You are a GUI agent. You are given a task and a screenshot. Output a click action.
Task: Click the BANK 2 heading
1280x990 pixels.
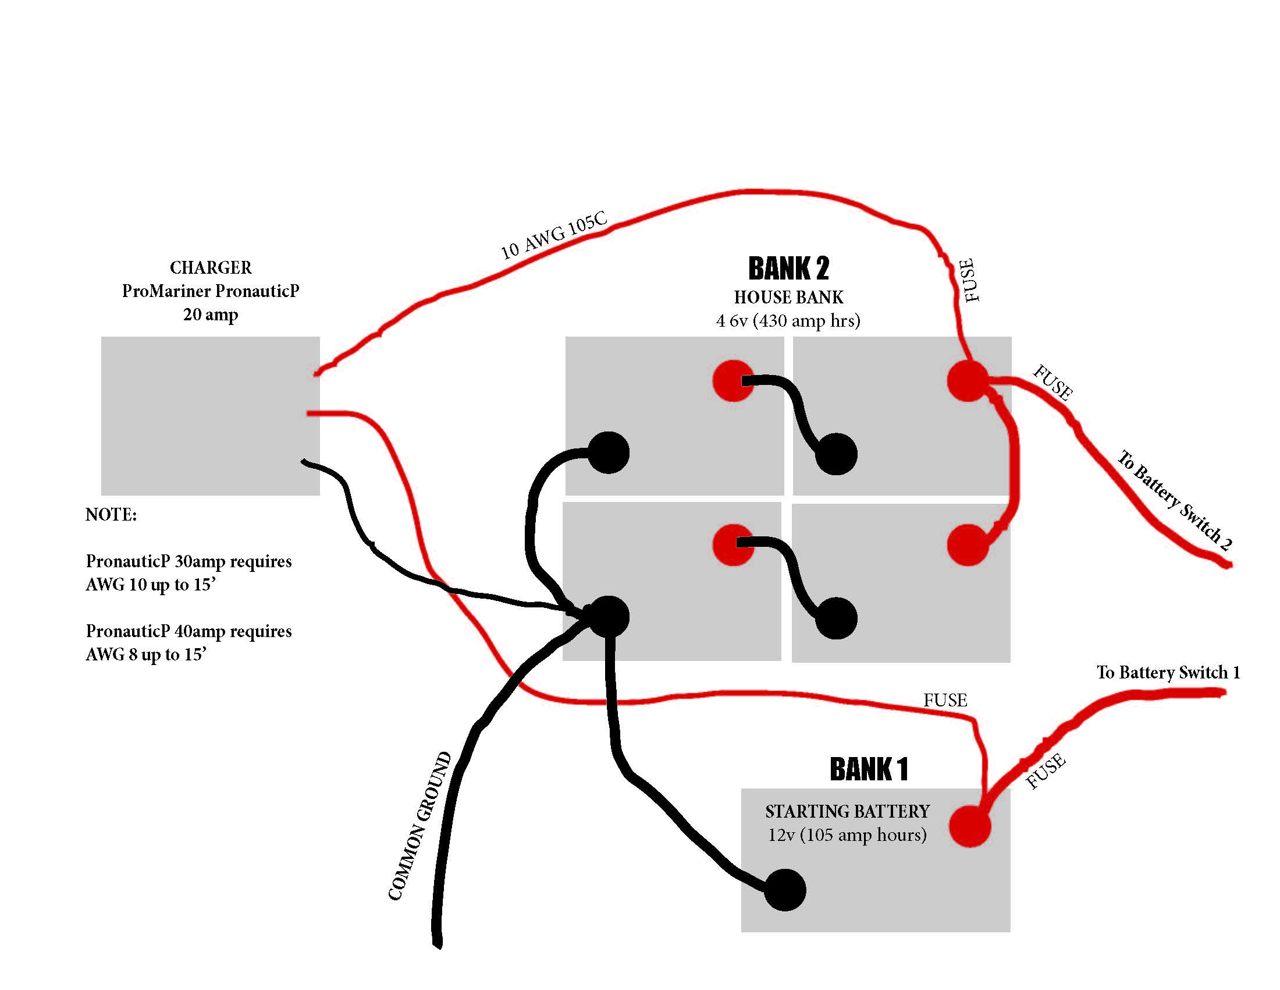(x=789, y=268)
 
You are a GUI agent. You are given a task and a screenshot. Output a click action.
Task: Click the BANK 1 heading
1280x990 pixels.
(x=869, y=769)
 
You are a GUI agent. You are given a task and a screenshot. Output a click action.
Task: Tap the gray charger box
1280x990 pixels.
(x=210, y=415)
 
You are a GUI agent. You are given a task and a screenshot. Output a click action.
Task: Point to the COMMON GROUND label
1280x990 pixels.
(x=419, y=826)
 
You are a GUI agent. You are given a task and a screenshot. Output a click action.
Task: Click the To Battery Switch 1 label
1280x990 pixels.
(x=1168, y=672)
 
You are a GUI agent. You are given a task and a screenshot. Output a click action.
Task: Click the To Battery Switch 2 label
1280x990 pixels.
(x=1175, y=500)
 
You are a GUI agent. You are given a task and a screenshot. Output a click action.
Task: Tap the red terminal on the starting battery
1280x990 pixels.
(x=969, y=826)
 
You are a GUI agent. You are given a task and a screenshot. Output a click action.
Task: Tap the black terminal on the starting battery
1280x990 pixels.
(x=785, y=890)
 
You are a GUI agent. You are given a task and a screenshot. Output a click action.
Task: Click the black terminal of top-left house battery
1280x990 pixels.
(x=609, y=452)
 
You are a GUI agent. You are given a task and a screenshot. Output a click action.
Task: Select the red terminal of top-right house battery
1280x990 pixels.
(x=968, y=381)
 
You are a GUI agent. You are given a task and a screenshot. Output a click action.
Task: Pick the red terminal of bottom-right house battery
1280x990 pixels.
(x=968, y=544)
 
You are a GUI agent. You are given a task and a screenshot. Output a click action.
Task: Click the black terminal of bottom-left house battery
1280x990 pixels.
(x=609, y=616)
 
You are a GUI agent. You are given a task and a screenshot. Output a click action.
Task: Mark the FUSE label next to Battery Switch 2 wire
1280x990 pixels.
(x=1053, y=383)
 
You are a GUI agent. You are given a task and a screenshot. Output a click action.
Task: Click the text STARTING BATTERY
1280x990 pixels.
(x=848, y=811)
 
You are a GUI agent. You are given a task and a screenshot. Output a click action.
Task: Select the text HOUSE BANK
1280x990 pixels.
(x=789, y=298)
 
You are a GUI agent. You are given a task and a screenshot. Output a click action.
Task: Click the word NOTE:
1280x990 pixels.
(x=111, y=514)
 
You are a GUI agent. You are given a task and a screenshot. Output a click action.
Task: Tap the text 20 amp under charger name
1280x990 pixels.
(x=211, y=314)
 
